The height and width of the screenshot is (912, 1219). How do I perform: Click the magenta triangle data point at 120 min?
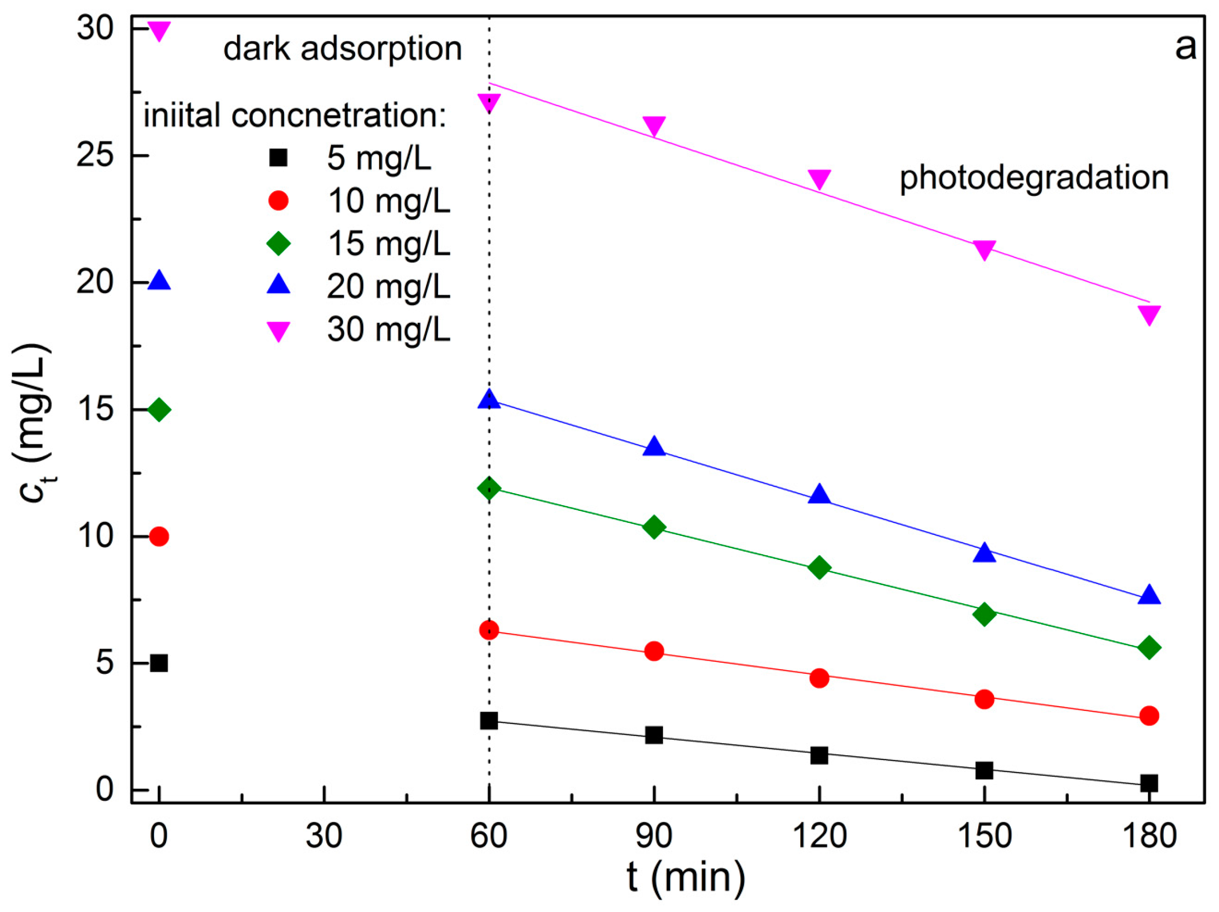(819, 178)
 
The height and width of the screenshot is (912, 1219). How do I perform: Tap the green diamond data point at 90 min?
(654, 527)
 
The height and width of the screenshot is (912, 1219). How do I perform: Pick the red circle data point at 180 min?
(1149, 716)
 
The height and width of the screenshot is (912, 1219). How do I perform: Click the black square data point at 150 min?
(984, 770)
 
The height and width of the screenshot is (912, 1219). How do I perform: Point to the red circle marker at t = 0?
(159, 536)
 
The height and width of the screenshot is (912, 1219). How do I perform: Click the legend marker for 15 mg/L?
(278, 243)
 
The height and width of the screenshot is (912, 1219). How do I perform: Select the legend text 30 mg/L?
(388, 329)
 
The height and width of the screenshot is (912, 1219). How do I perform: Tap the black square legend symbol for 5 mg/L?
(278, 158)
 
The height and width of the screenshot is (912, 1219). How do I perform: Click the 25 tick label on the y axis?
(94, 156)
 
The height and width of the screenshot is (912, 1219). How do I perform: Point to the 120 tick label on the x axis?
(819, 835)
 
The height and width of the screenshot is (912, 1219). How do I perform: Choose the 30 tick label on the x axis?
(324, 835)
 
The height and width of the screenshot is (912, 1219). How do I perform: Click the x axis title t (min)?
(686, 877)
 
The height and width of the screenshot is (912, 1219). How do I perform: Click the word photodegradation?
(1034, 178)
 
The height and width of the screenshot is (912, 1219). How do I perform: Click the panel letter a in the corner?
(1186, 48)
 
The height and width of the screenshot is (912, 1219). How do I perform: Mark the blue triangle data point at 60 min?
(489, 399)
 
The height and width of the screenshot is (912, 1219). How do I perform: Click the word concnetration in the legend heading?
(338, 116)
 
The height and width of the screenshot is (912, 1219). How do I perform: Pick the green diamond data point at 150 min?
(984, 614)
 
